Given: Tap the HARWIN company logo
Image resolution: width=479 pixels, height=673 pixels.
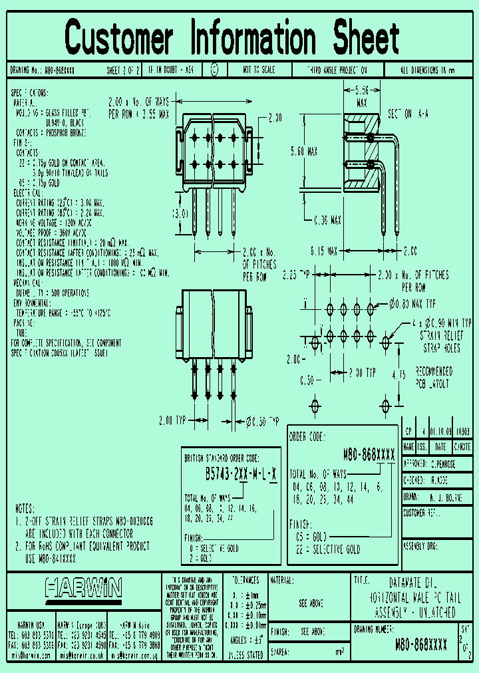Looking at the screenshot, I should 83,587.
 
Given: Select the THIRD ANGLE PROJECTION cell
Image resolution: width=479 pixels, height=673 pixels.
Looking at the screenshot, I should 337,69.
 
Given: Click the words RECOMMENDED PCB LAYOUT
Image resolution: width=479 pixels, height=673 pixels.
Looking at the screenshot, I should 434,378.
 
